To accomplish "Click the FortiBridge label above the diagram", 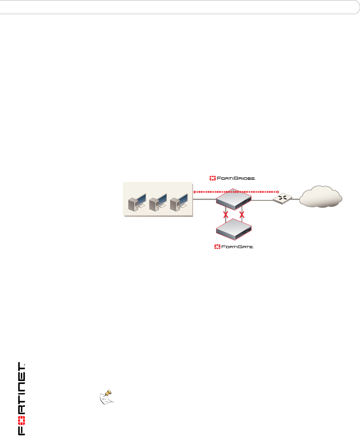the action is click(x=233, y=178).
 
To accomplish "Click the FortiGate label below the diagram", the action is click(x=234, y=247).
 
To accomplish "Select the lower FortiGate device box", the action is click(x=234, y=229).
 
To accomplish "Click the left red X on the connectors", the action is click(x=226, y=214).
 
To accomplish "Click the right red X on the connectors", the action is click(x=242, y=214).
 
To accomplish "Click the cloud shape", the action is click(x=321, y=197).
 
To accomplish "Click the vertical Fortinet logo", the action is click(x=21, y=399).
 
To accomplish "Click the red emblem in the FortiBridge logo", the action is click(x=212, y=178).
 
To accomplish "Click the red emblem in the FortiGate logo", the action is click(x=217, y=247).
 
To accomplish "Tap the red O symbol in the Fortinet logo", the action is click(x=21, y=420).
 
